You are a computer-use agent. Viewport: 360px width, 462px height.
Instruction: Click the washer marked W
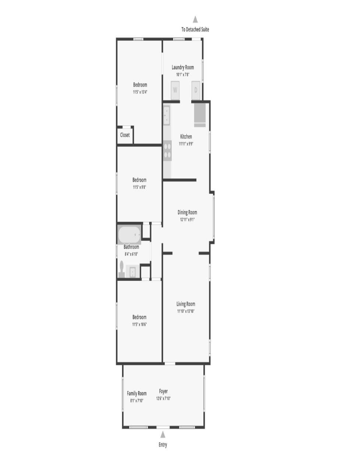[175, 90]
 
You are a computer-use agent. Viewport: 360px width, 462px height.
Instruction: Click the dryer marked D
[196, 90]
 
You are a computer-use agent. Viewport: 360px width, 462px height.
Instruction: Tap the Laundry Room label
[183, 68]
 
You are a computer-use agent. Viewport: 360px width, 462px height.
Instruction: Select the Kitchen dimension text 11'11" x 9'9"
[186, 144]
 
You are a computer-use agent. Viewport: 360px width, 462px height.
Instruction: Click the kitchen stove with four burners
[167, 151]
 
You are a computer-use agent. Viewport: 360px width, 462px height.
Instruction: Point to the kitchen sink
[167, 115]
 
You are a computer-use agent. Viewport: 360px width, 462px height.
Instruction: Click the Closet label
[125, 135]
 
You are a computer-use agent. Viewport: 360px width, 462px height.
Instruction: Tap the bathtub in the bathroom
[129, 235]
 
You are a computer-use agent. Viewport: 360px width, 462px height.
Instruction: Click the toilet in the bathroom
[122, 269]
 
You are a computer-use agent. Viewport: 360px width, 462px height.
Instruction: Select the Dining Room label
[187, 212]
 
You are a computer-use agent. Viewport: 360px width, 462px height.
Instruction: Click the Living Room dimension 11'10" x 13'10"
[186, 311]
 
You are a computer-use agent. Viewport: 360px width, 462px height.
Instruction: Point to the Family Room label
[137, 394]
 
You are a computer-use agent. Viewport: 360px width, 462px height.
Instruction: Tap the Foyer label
[163, 391]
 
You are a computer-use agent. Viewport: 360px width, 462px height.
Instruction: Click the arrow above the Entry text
[163, 434]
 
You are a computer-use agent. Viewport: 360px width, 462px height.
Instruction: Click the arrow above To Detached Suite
[195, 20]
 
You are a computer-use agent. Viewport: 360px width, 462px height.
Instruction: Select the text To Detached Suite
[195, 29]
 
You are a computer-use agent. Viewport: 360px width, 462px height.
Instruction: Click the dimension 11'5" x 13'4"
[140, 92]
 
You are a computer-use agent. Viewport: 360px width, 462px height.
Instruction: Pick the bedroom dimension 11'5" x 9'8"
[139, 187]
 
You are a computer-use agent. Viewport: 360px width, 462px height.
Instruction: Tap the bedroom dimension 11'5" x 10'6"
[139, 324]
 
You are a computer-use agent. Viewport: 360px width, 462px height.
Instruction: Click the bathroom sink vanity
[133, 272]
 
